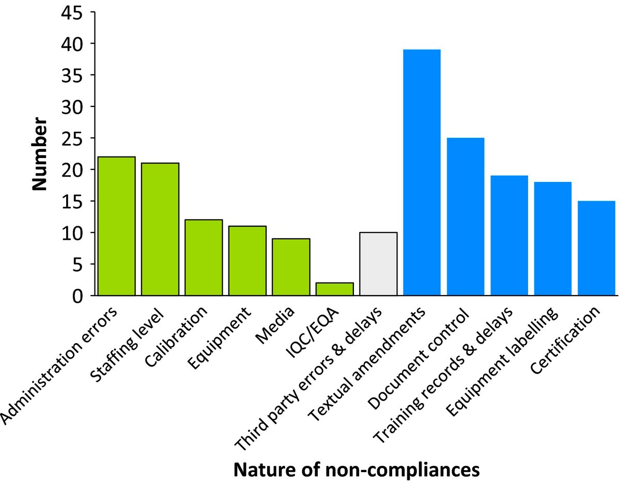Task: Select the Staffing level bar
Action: [x=160, y=229]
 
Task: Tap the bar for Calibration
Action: [x=204, y=258]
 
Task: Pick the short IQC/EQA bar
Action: [x=334, y=289]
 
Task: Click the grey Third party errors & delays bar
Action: [x=378, y=264]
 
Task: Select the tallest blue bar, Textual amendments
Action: [x=422, y=173]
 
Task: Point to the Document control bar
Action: [x=466, y=217]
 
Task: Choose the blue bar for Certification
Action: [x=596, y=248]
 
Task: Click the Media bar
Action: [x=291, y=267]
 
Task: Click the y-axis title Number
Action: [x=39, y=155]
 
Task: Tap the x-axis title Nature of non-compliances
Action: [x=357, y=470]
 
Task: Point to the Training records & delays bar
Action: [x=509, y=236]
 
